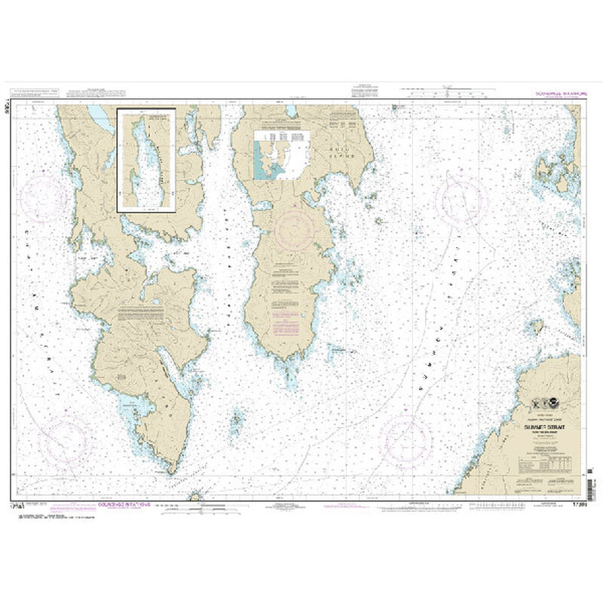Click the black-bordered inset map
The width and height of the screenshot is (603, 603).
tap(146, 160)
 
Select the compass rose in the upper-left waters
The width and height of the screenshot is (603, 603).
tap(47, 198)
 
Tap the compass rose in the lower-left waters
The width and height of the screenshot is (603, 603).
tap(65, 438)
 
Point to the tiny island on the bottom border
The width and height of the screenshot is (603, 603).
tap(195, 495)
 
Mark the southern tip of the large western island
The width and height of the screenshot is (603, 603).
tap(173, 472)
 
